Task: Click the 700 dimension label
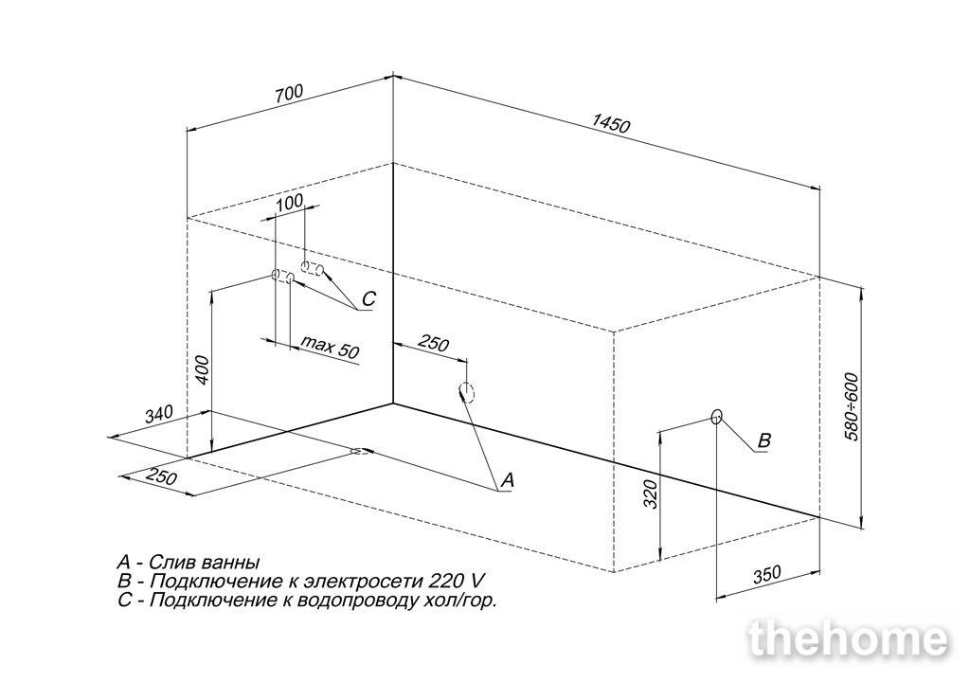(289, 95)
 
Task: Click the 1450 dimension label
(610, 122)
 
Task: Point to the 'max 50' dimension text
(329, 347)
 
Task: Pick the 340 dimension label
(158, 415)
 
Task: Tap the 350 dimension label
(767, 574)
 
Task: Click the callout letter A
(508, 479)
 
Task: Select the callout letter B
(764, 440)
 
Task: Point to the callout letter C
(368, 299)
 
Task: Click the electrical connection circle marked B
(716, 417)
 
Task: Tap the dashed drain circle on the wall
(466, 392)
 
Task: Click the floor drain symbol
(361, 451)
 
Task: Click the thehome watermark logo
(849, 639)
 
